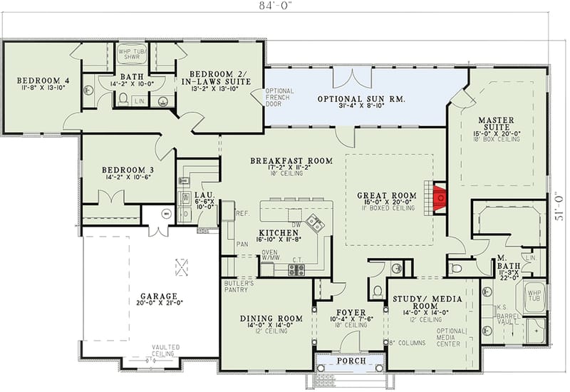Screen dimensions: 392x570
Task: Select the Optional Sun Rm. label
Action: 361,98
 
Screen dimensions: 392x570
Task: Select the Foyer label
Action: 350,312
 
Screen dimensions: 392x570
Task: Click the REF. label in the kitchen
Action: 242,213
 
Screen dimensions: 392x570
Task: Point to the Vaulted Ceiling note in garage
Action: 165,350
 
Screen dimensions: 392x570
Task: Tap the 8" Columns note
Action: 408,344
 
